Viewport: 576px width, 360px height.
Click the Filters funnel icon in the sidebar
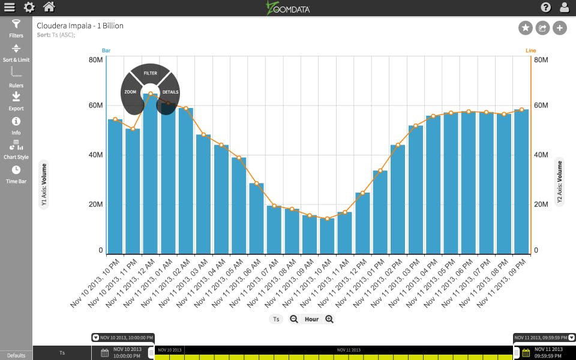[x=16, y=25]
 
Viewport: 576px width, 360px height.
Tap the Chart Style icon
[x=16, y=145]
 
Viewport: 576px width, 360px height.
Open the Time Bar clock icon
[x=16, y=170]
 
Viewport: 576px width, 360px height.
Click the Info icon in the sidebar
[x=16, y=121]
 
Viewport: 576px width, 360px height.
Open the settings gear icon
[x=29, y=7]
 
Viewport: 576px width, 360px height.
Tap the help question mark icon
[x=545, y=7]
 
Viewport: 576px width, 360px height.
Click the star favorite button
[x=525, y=28]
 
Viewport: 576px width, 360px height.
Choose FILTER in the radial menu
[x=150, y=73]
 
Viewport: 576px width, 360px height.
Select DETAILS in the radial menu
[x=170, y=92]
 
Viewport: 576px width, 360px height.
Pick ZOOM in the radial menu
[x=130, y=92]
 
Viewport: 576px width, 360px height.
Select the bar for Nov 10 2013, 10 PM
[x=115, y=186]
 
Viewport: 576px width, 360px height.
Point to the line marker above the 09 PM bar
[x=521, y=110]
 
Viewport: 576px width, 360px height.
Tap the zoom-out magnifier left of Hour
[x=294, y=319]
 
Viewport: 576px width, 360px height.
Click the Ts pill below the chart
[x=276, y=319]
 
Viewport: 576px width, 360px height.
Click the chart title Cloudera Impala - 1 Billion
[x=80, y=26]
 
